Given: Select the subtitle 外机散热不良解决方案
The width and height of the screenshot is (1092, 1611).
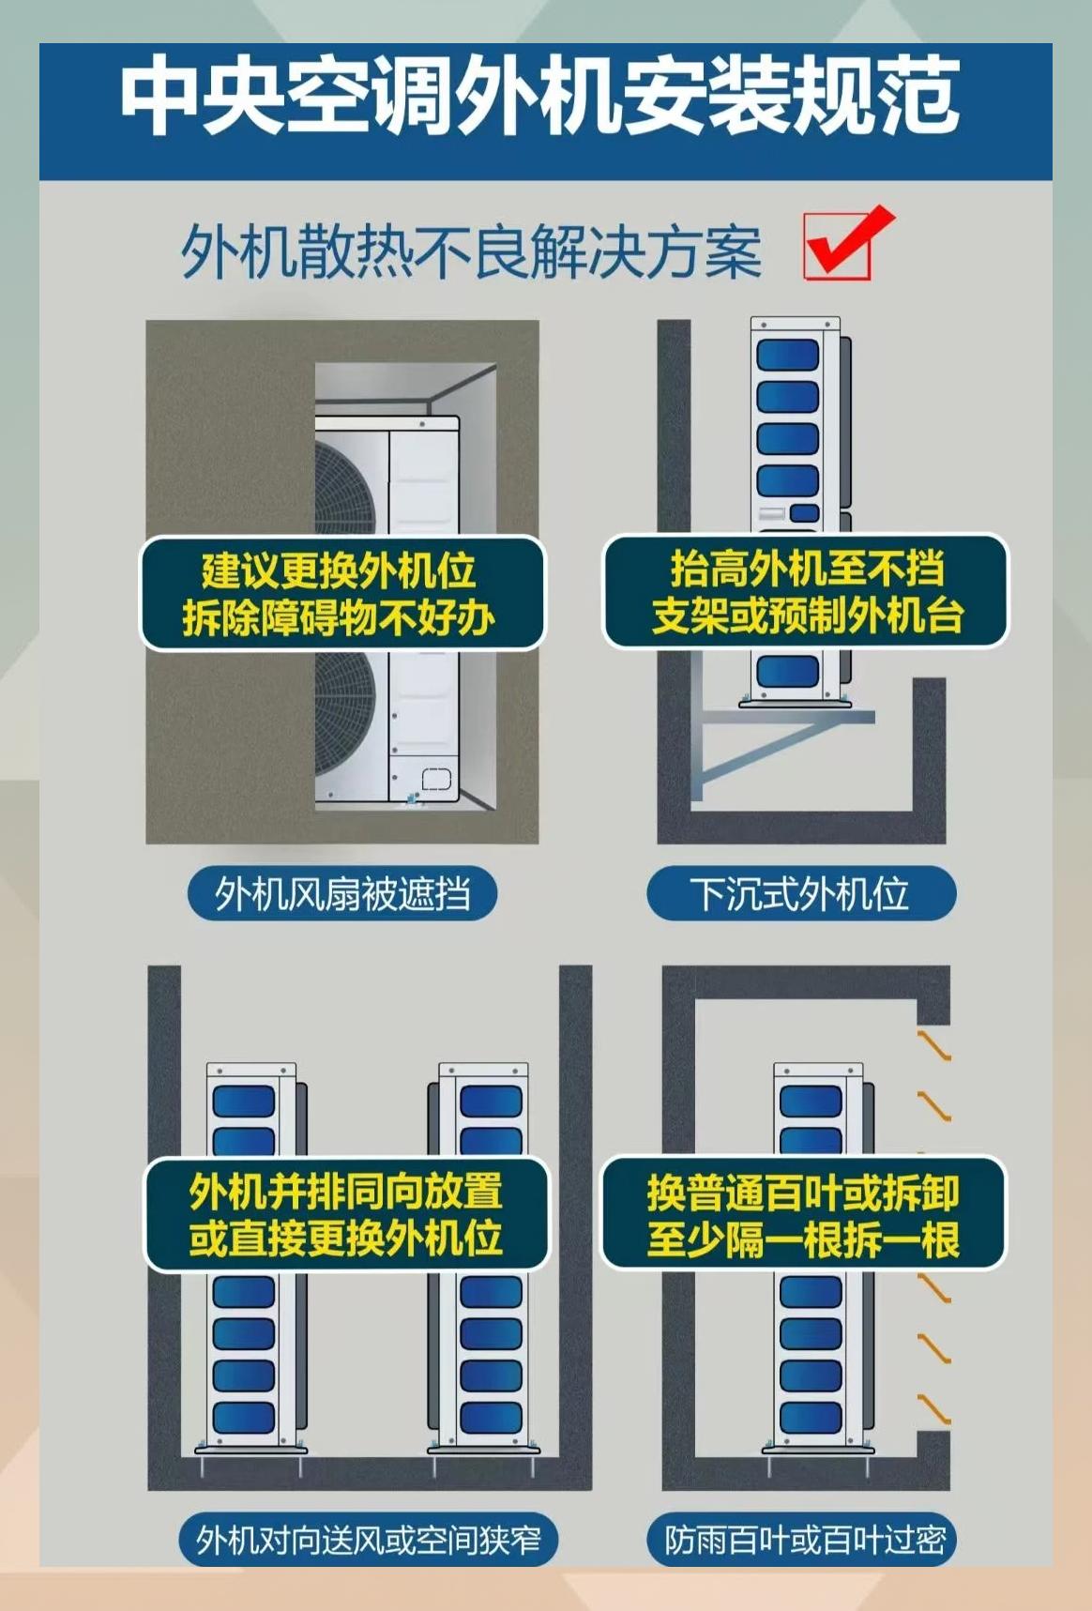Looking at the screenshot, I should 471,251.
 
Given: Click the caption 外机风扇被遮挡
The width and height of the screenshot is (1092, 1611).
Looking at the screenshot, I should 342,893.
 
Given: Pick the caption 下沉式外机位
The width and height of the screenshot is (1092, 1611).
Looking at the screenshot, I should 800,893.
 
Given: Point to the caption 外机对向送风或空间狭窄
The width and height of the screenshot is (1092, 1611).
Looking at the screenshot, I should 368,1540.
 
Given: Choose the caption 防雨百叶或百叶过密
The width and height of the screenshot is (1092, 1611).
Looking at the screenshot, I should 804,1540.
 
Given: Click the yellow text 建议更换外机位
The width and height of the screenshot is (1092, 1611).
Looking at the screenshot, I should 339,570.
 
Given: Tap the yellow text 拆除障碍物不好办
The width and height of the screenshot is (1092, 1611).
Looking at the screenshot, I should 339,617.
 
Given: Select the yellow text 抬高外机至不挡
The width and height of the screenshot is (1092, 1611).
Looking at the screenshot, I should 806,568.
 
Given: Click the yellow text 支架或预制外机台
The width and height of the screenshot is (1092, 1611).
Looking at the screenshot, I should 806,616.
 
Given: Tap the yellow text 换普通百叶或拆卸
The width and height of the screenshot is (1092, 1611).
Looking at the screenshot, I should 803,1193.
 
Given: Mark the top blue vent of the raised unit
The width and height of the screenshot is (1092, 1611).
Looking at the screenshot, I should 788,355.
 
